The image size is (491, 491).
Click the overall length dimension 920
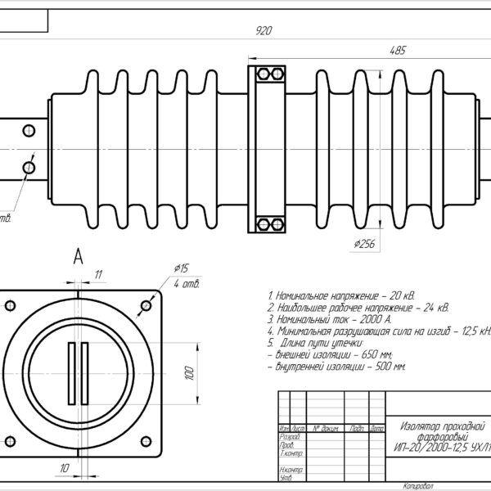[264, 31]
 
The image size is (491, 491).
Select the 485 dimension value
[397, 51]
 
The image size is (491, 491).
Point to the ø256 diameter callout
[364, 243]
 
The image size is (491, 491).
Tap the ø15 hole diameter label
[182, 268]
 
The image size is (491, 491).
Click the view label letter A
[79, 257]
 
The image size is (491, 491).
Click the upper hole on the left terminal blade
[29, 130]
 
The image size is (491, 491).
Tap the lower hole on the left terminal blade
[29, 167]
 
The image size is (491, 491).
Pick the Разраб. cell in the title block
[290, 437]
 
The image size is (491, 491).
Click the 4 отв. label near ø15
[187, 283]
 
